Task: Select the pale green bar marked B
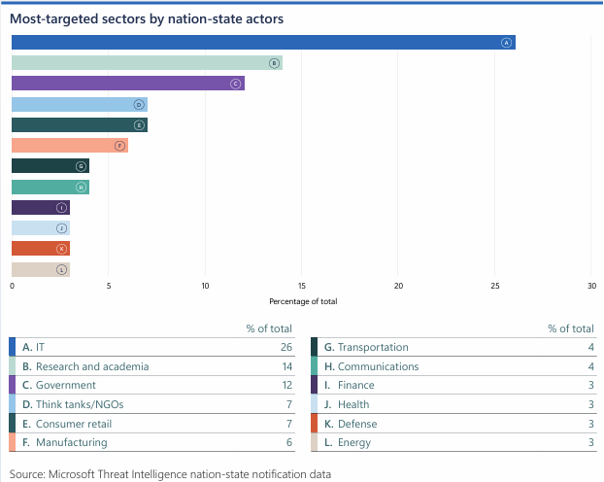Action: pyautogui.click(x=146, y=63)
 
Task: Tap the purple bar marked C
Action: pyautogui.click(x=126, y=84)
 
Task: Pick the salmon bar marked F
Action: pyautogui.click(x=68, y=146)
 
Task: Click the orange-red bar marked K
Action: pyautogui.click(x=39, y=249)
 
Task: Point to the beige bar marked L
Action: pyautogui.click(x=39, y=269)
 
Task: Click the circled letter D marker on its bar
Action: pyautogui.click(x=139, y=104)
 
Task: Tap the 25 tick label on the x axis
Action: pyautogui.click(x=495, y=286)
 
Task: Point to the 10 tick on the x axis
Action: pyautogui.click(x=205, y=286)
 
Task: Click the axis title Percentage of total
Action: pyautogui.click(x=302, y=301)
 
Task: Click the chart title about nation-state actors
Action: pyautogui.click(x=147, y=17)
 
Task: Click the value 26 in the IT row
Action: pyautogui.click(x=285, y=347)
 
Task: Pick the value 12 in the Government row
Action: pyautogui.click(x=285, y=386)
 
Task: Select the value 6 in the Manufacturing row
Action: pyautogui.click(x=288, y=442)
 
